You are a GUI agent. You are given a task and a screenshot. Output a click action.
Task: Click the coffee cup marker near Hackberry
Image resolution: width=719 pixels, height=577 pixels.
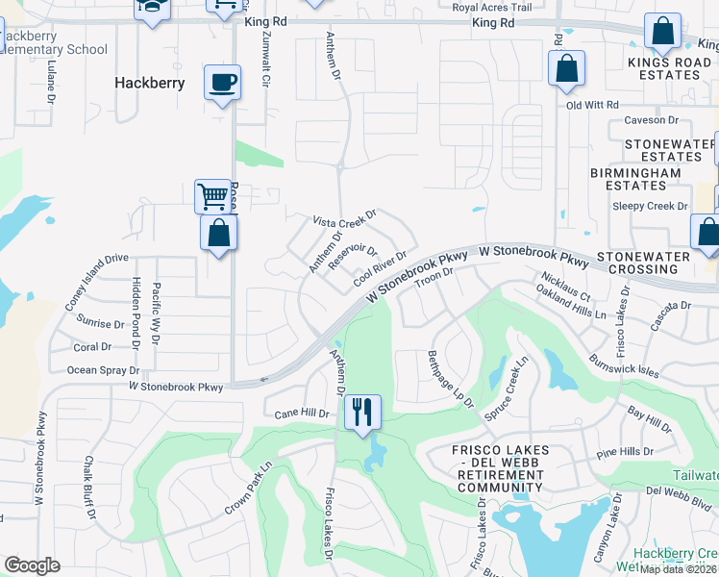pos(222,82)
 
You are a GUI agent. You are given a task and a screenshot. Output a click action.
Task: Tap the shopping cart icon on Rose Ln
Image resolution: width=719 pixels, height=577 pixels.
pos(212,195)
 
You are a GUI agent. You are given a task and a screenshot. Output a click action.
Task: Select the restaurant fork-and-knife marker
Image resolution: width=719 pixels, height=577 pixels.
pos(362,413)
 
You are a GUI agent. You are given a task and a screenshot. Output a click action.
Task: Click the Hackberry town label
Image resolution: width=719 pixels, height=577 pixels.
pos(149,83)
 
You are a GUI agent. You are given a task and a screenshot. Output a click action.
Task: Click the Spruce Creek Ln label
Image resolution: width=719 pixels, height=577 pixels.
pos(507,389)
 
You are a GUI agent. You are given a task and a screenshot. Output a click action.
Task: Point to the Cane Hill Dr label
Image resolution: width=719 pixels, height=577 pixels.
pos(302,414)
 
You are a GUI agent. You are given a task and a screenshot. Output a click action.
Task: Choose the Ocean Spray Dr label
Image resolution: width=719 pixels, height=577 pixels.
pos(103,370)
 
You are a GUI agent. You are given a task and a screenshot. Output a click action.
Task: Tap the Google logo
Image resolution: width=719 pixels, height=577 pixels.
pos(32,565)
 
